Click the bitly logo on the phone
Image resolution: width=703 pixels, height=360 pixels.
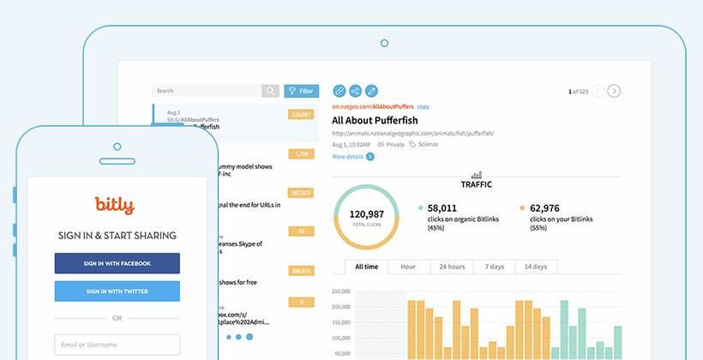click(x=115, y=206)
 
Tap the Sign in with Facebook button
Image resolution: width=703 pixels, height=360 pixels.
click(x=117, y=263)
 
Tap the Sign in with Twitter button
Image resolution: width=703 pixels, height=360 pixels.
click(x=117, y=291)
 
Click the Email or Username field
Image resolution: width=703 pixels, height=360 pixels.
click(x=117, y=345)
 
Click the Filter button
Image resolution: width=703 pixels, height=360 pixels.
click(x=301, y=90)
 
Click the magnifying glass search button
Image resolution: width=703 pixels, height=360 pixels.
click(x=271, y=90)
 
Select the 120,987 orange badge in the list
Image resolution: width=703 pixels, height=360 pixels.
click(x=301, y=114)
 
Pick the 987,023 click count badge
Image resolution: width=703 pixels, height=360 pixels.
click(x=301, y=193)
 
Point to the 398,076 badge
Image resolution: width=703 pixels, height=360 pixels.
click(x=301, y=271)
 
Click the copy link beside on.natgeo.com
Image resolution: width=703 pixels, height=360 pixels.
click(x=424, y=106)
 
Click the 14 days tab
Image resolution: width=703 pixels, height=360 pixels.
click(x=536, y=267)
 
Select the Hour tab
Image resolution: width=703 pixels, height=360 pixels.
click(x=408, y=267)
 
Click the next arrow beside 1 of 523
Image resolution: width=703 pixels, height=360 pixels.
click(x=614, y=91)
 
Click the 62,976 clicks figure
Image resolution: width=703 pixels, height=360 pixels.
click(x=550, y=207)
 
